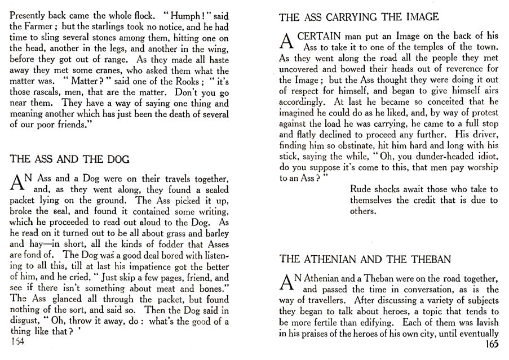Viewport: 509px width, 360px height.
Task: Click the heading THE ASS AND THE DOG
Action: point(70,159)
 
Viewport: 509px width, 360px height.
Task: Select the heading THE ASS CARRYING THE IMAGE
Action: point(358,17)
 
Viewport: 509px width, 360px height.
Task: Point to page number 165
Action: point(490,345)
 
